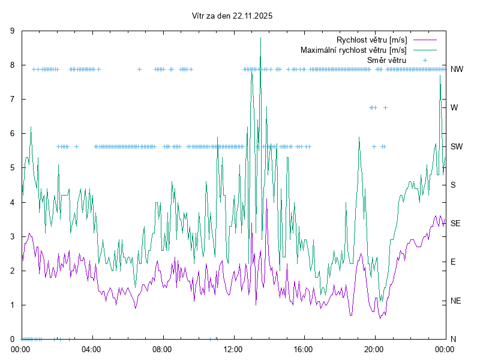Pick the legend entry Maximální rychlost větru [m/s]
353,50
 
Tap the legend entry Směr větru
386,60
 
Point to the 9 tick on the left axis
13,31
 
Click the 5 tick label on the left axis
13,168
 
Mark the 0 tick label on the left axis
13,339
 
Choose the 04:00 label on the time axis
92,348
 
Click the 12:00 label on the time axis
233,348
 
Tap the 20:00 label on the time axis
374,348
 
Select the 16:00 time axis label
304,348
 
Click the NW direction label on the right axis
457,69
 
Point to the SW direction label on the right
456,146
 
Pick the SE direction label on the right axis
455,223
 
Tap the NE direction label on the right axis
455,301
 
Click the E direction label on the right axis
453,262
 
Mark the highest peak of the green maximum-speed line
260,38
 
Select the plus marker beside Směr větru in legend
424,60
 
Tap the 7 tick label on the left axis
13,100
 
